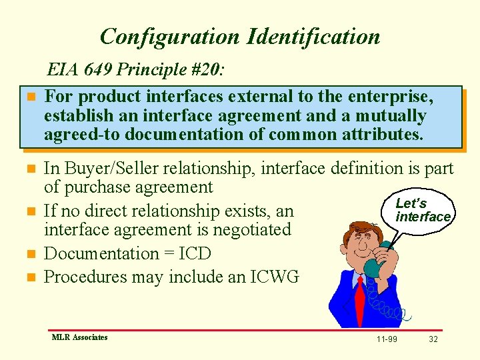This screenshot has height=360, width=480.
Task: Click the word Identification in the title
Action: (x=313, y=36)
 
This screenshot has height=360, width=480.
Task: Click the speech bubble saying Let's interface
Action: (x=422, y=211)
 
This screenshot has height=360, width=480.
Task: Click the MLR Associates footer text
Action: (x=79, y=337)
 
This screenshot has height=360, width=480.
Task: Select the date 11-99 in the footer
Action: (x=386, y=339)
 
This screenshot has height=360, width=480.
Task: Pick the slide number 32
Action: (x=433, y=339)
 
